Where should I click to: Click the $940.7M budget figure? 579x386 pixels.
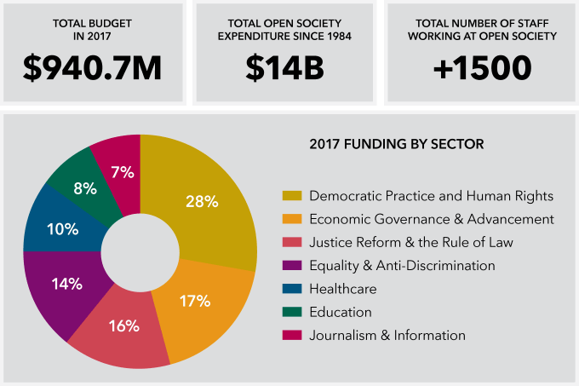point(92,67)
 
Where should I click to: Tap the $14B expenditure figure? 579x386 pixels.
point(285,67)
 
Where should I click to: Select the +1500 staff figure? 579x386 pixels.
point(482,67)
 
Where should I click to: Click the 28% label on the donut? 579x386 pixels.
point(202,202)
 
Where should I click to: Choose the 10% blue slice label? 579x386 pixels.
point(63,229)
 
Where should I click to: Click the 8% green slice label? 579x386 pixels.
point(84,188)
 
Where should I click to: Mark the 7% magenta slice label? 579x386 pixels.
point(122,172)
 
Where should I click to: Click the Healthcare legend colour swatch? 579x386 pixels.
point(291,289)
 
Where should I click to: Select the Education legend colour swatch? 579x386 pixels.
point(291,312)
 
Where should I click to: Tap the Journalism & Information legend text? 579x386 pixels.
point(387,335)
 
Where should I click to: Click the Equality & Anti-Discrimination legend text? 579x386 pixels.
point(402,265)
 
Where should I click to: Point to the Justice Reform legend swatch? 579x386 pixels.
point(291,242)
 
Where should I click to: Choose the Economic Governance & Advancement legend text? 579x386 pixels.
point(432,219)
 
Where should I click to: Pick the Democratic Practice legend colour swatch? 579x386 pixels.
point(291,196)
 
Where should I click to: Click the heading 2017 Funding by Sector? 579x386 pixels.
point(397,144)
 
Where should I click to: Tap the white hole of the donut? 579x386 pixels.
point(140,251)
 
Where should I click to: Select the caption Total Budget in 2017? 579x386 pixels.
point(92,30)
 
